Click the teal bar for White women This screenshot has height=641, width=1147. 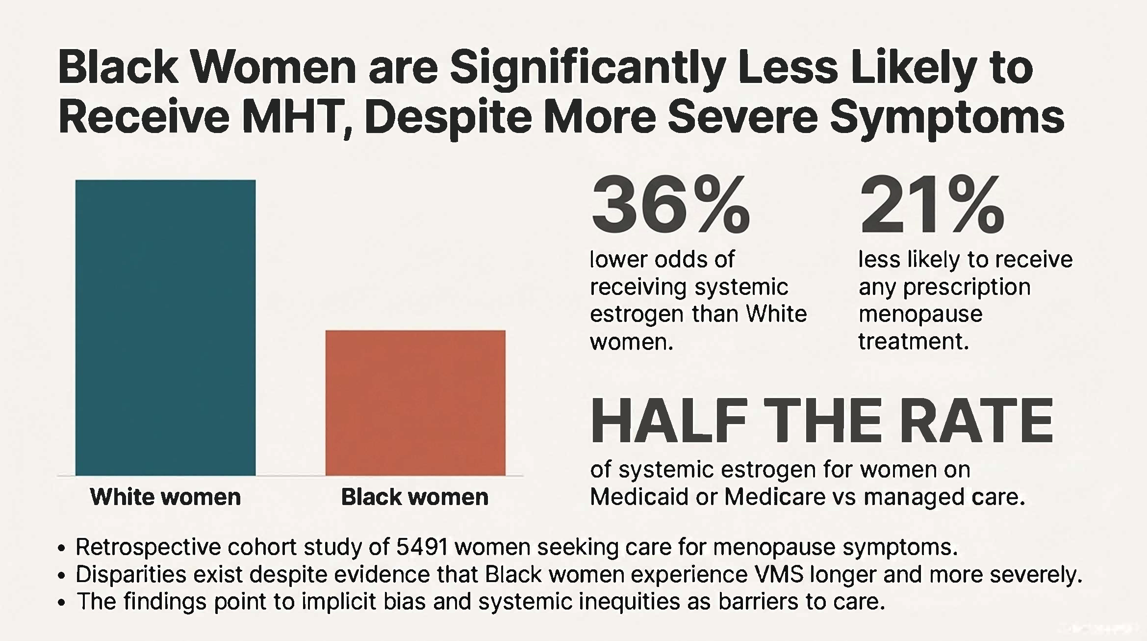(x=165, y=328)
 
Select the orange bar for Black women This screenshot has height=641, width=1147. (x=415, y=403)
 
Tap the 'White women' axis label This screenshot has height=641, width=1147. (x=165, y=497)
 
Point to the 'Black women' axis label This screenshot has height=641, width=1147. (x=415, y=497)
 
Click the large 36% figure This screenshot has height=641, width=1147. (x=670, y=206)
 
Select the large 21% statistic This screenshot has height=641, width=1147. (x=932, y=206)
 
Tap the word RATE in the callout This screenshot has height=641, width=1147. (x=976, y=421)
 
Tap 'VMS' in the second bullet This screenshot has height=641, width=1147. (x=780, y=574)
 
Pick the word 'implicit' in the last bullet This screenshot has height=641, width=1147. (x=338, y=602)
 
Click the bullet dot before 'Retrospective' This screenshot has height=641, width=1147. (x=62, y=548)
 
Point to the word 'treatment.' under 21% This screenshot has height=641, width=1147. (x=913, y=341)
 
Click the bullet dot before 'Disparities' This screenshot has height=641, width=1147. (x=62, y=576)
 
